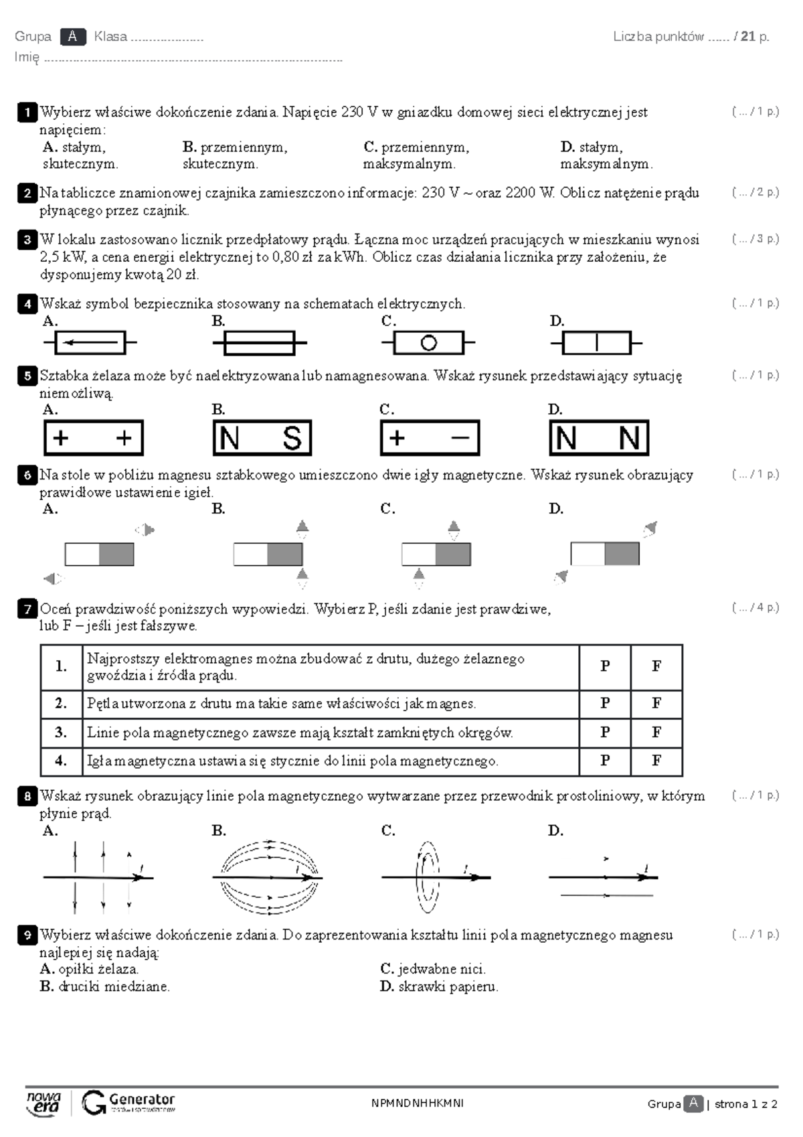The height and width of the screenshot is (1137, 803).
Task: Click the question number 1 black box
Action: tap(27, 112)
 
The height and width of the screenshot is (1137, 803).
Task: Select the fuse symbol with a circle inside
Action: tap(428, 343)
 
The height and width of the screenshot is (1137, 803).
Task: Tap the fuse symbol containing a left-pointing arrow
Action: tap(90, 343)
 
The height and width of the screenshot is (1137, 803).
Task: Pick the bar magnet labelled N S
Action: tap(262, 438)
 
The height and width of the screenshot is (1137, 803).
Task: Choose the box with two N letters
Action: tap(599, 438)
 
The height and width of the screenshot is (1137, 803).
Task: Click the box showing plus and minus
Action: tap(430, 438)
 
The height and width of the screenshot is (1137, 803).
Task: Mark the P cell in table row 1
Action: tap(605, 666)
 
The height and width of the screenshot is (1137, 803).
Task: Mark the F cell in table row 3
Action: tap(656, 733)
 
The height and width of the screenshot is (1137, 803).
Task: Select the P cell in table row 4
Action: tap(605, 761)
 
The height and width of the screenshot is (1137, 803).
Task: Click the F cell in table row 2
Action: tap(656, 703)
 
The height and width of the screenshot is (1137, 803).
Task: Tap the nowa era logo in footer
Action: tap(43, 1103)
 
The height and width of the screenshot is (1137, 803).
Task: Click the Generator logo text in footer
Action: tap(141, 1100)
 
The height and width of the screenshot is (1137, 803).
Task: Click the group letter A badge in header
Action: tap(72, 37)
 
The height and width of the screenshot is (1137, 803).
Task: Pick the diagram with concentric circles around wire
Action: tap(428, 876)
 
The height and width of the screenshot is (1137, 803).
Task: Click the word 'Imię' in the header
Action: tap(27, 58)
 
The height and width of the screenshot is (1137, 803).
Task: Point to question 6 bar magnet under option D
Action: tap(605, 554)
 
